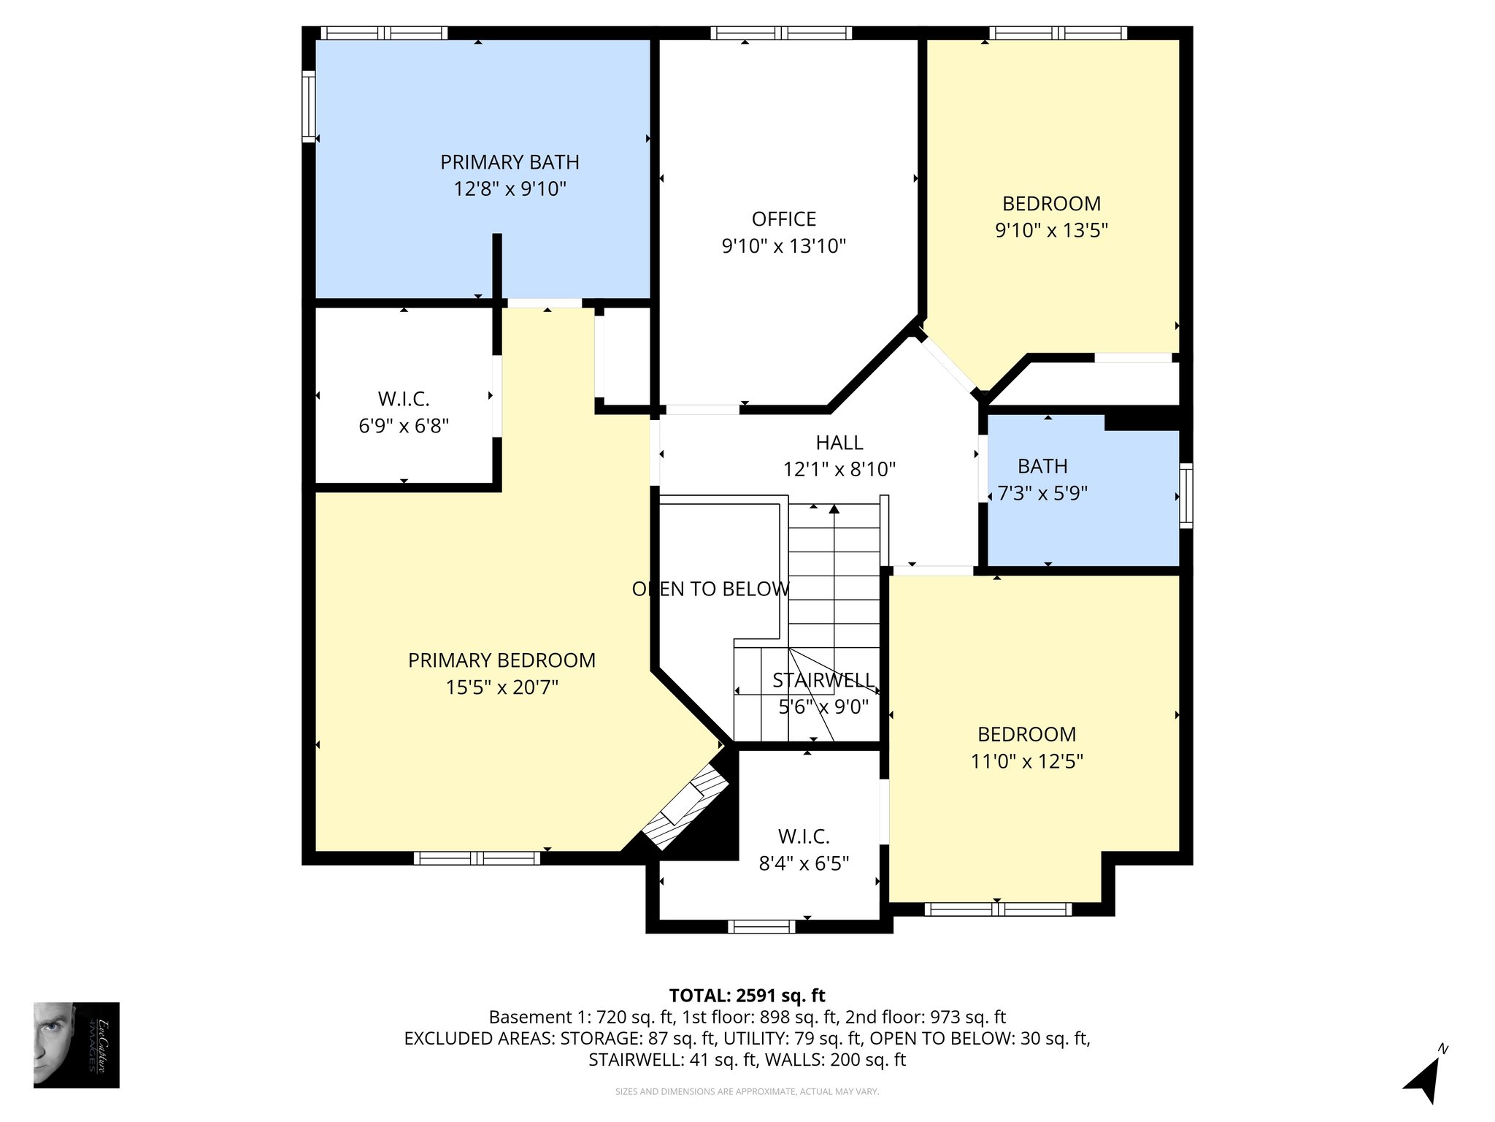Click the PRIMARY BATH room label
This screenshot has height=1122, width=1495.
[x=510, y=161]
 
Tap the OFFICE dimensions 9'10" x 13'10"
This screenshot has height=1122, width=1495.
[x=783, y=246]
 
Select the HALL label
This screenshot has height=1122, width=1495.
[x=839, y=443]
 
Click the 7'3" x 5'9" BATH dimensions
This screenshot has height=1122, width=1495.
[x=1042, y=494]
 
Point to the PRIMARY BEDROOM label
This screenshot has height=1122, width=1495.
[x=501, y=660]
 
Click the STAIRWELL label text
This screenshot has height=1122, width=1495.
[x=823, y=681]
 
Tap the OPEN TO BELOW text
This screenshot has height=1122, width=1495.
[x=710, y=589]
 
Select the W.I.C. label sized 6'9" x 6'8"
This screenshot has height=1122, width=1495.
[x=403, y=399]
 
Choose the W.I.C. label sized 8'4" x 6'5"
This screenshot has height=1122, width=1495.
[x=804, y=836]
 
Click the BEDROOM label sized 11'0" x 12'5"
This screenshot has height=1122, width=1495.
[x=1026, y=734]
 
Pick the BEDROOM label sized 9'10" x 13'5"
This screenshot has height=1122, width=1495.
[x=1051, y=204]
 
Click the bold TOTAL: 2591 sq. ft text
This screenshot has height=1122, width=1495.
[x=747, y=996]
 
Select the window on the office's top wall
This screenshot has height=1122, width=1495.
[x=781, y=33]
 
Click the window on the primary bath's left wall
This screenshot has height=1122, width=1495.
[x=309, y=107]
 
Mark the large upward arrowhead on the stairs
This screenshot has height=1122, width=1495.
[x=834, y=508]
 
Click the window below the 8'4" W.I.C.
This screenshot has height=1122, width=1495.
[x=761, y=926]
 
